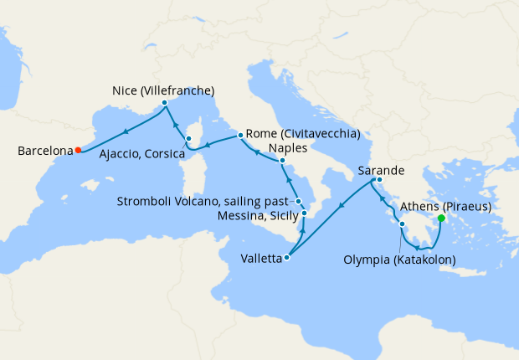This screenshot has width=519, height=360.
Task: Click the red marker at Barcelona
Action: pos(78,151)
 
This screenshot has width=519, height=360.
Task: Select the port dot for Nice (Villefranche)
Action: pos(165,103)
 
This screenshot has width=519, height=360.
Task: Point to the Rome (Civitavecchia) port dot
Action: pos(240,135)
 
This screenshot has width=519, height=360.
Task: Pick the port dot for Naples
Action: pos(282,160)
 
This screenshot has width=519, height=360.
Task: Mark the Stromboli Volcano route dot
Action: pos(298,202)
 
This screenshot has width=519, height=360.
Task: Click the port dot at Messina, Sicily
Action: pos(304,213)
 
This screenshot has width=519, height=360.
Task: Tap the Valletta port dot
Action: pos(287,258)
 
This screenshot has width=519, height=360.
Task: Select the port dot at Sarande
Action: pos(379,181)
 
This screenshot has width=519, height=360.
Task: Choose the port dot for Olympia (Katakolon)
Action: pos(402,225)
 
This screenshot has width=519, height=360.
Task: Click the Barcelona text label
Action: pos(44,152)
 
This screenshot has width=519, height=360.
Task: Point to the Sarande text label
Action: pos(383,170)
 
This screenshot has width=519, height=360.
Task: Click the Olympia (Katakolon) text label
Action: pos(399,260)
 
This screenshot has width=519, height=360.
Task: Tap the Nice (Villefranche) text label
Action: pos(163,90)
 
